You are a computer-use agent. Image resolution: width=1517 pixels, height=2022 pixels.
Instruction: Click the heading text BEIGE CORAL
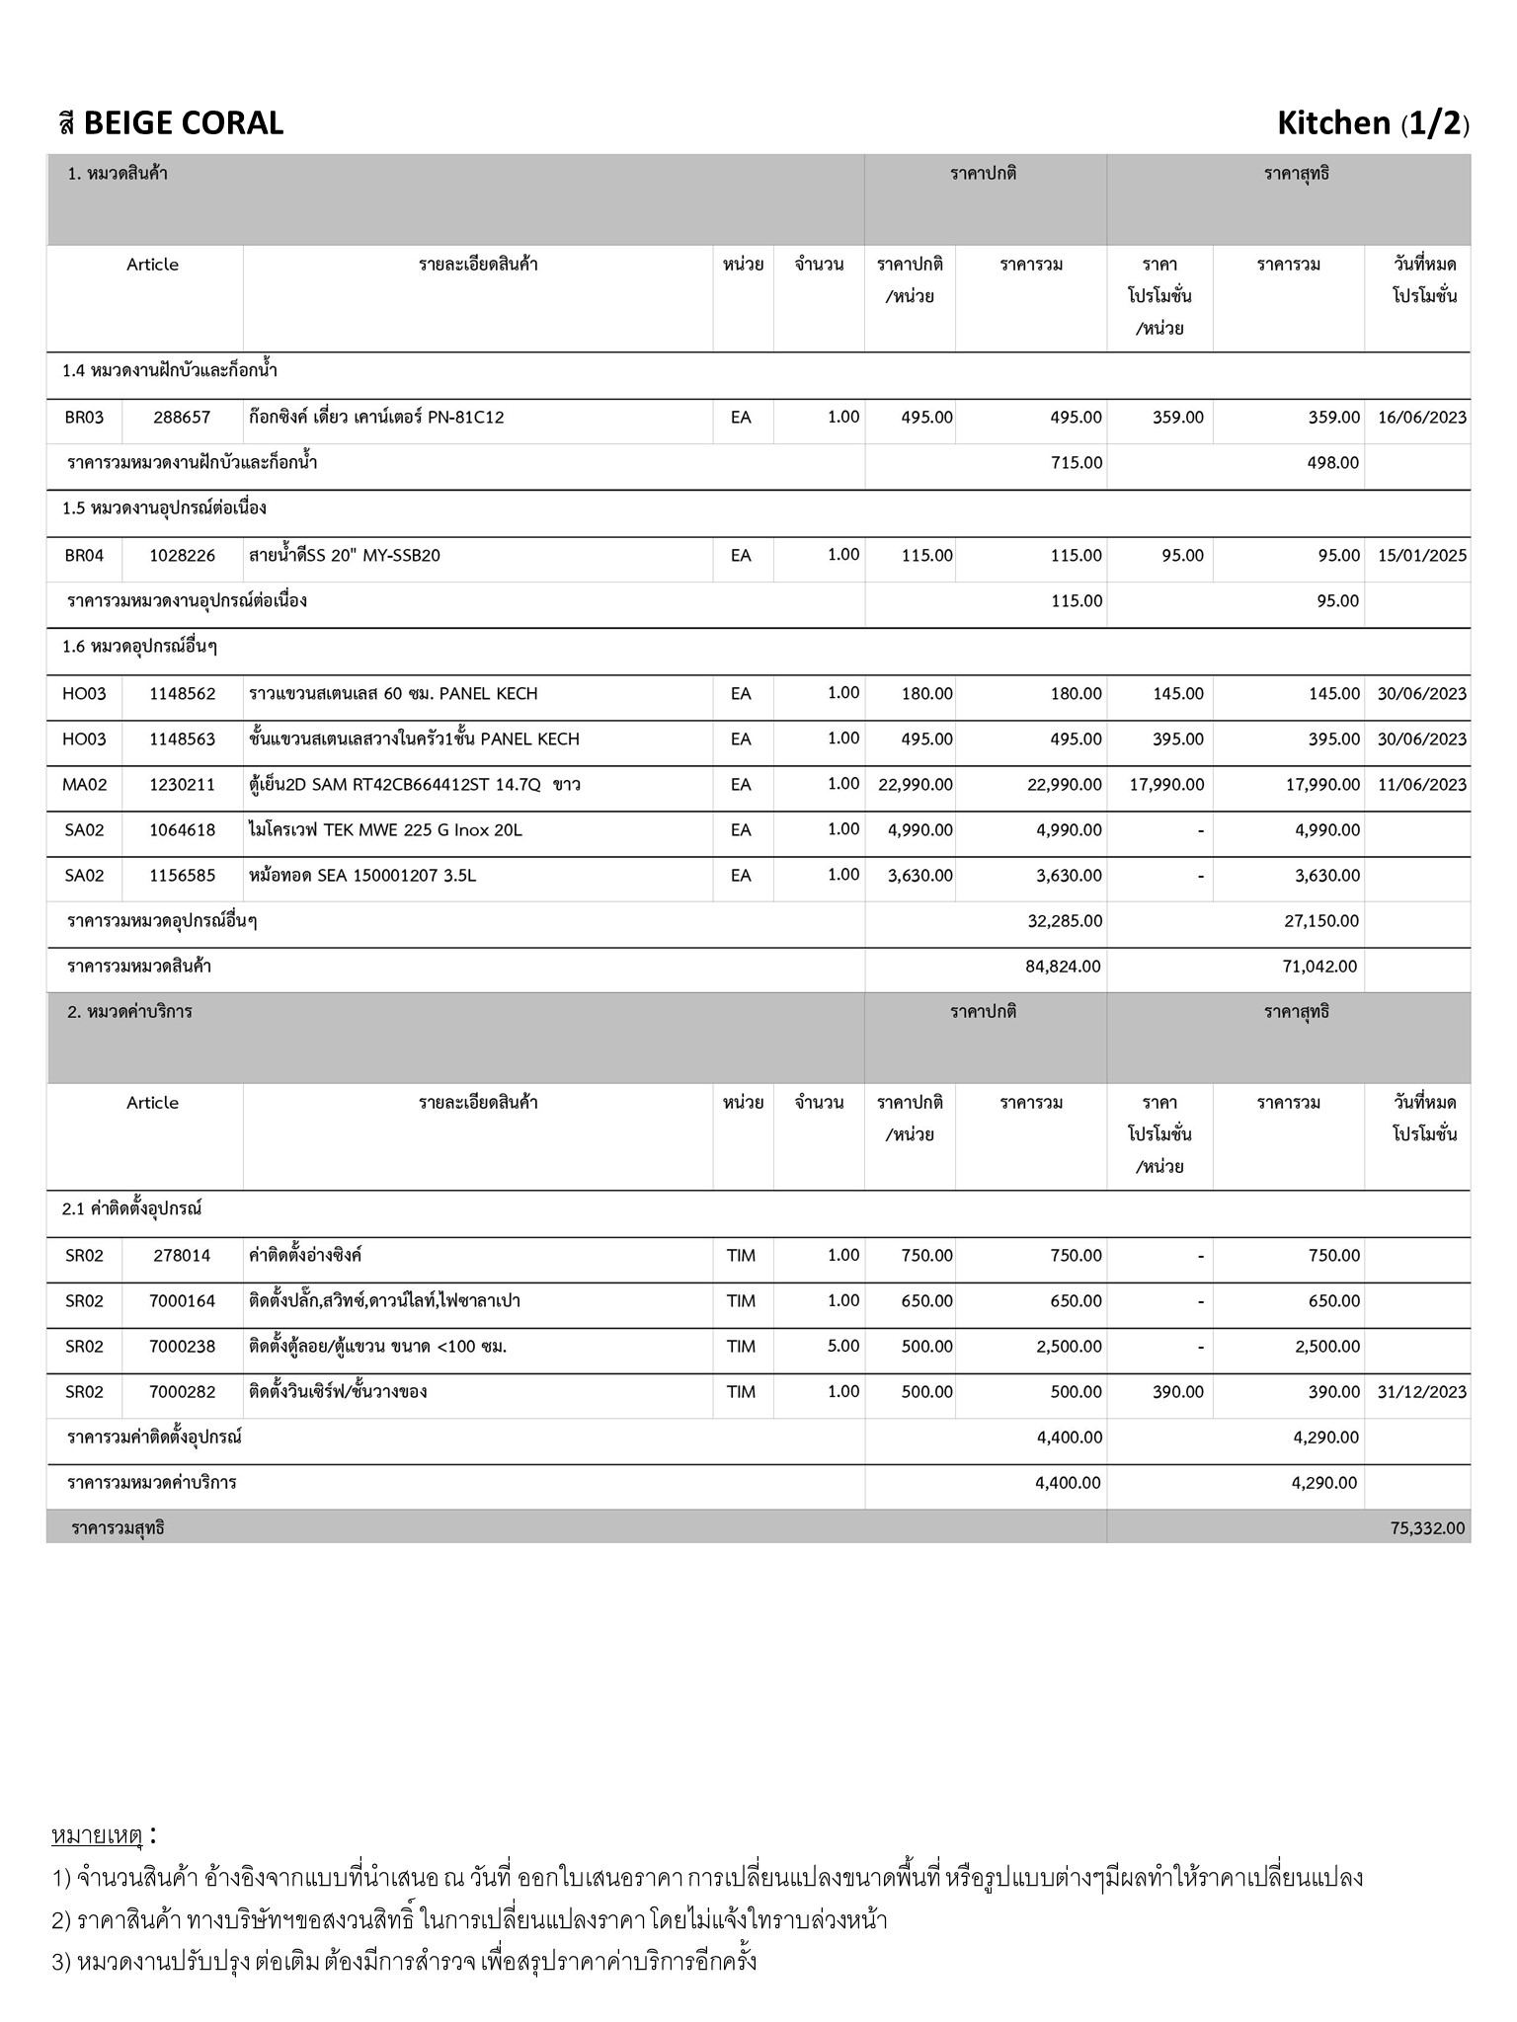pyautogui.click(x=183, y=123)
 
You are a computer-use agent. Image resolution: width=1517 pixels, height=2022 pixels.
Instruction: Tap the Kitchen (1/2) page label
pyautogui.click(x=1372, y=123)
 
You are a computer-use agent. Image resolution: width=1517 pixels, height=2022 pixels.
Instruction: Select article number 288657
pyautogui.click(x=182, y=418)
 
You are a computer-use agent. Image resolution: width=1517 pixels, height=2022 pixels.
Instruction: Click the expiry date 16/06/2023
pyautogui.click(x=1421, y=418)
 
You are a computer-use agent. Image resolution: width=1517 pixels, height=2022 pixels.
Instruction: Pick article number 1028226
pyautogui.click(x=182, y=556)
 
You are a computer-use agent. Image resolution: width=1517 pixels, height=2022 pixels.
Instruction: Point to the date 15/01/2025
pyautogui.click(x=1421, y=556)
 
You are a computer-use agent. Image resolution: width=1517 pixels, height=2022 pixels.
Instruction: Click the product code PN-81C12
pyautogui.click(x=465, y=418)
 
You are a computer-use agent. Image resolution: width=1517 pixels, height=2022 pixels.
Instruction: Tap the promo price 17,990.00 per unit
pyautogui.click(x=1166, y=785)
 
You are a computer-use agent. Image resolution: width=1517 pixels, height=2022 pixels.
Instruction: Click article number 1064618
pyautogui.click(x=182, y=830)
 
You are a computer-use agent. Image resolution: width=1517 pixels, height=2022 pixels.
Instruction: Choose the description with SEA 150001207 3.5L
pyautogui.click(x=362, y=876)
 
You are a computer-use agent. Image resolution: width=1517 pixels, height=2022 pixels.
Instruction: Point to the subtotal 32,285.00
pyautogui.click(x=1065, y=921)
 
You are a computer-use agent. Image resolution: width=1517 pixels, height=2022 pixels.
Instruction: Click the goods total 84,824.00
pyautogui.click(x=1063, y=967)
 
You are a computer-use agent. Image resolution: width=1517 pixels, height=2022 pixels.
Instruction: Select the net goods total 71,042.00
pyautogui.click(x=1319, y=967)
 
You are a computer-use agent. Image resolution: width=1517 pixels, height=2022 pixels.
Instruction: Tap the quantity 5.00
pyautogui.click(x=842, y=1346)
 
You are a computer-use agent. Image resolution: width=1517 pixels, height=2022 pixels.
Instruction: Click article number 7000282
pyautogui.click(x=182, y=1392)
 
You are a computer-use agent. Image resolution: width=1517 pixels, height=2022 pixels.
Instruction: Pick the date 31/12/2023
pyautogui.click(x=1421, y=1392)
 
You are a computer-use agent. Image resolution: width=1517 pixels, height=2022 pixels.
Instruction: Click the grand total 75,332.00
pyautogui.click(x=1427, y=1528)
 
